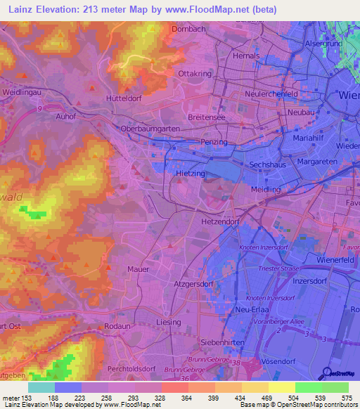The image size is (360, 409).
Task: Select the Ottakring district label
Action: click(x=195, y=73)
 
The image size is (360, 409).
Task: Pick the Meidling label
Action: click(x=266, y=190)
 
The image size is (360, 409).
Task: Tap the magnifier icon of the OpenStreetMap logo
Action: click(x=326, y=373)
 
